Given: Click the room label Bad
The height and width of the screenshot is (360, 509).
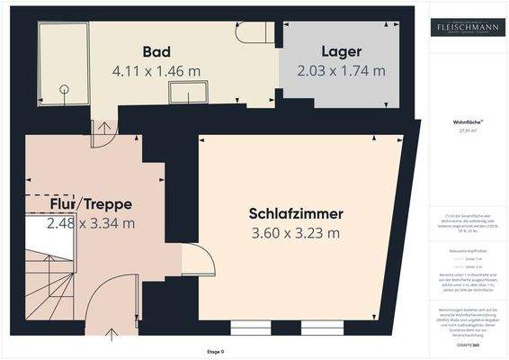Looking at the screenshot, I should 156,50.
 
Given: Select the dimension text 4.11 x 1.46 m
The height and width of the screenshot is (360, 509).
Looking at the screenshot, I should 156,68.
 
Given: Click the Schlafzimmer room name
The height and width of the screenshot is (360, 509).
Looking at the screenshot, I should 296,213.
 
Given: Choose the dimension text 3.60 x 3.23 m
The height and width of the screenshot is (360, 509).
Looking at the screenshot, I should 296,233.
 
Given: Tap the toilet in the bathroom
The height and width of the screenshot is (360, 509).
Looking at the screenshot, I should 254,32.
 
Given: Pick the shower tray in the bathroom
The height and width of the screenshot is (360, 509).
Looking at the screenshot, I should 63,61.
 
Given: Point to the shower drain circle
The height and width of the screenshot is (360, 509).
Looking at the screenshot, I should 64,89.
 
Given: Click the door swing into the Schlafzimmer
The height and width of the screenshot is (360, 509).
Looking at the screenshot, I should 198,260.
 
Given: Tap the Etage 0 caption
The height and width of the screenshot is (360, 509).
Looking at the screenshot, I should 216,351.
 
